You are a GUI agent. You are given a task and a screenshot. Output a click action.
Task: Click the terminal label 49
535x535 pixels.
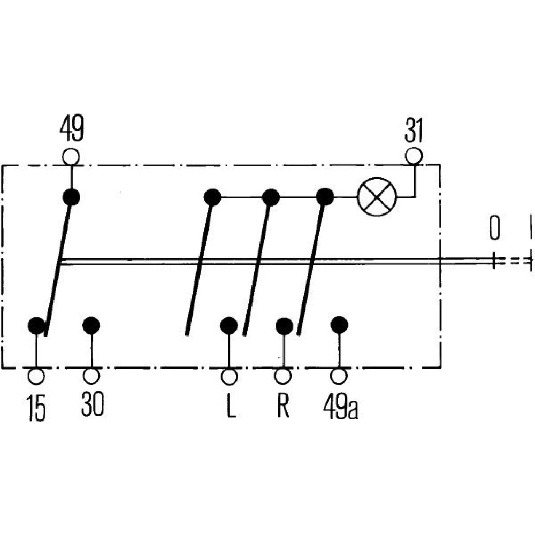pos(71,129)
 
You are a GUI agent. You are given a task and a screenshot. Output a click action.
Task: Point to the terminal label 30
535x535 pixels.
pos(93,405)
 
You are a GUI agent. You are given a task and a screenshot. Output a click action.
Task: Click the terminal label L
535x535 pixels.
pos(230,408)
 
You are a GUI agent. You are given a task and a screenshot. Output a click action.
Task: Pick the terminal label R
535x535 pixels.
pos(283,407)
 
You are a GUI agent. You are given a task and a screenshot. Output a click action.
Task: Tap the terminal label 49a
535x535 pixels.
pos(340,408)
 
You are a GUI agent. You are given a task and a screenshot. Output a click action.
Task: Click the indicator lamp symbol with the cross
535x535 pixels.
pos(377,197)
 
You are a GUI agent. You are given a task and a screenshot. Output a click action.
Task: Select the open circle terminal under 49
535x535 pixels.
pos(71,156)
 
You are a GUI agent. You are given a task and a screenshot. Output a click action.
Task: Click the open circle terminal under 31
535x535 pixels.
pos(414,156)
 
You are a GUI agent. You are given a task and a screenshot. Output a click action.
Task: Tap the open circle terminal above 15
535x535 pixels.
pos(36,376)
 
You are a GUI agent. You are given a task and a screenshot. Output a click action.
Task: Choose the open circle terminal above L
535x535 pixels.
pos(230,376)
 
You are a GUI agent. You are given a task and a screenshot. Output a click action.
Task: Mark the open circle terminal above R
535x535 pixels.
pos(284,376)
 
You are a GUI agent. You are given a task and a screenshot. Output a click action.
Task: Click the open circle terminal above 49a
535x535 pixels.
pos(339,376)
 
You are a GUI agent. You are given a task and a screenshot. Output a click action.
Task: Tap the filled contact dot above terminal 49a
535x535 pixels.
pos(339,325)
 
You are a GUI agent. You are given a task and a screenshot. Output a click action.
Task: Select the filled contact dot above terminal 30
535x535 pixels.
pos(91,325)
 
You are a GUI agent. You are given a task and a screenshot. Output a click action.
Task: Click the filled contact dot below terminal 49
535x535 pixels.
pos(71,197)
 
